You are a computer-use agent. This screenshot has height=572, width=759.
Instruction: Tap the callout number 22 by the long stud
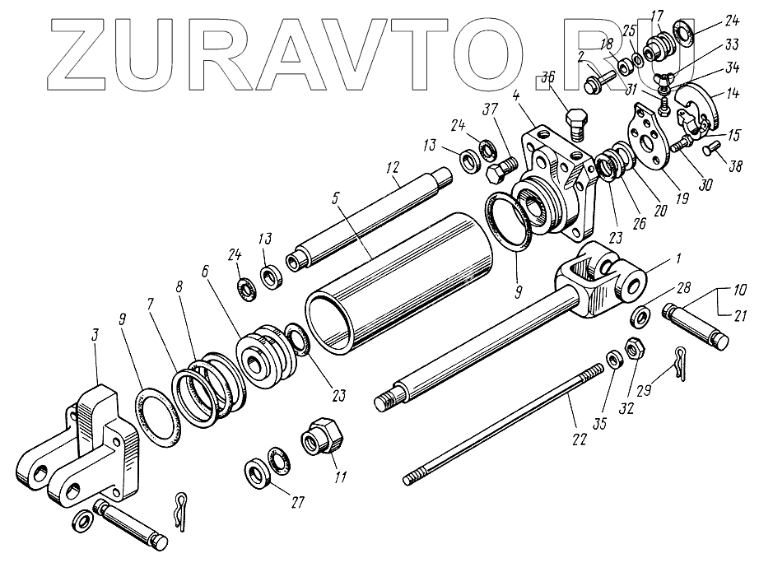coord(580,439)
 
